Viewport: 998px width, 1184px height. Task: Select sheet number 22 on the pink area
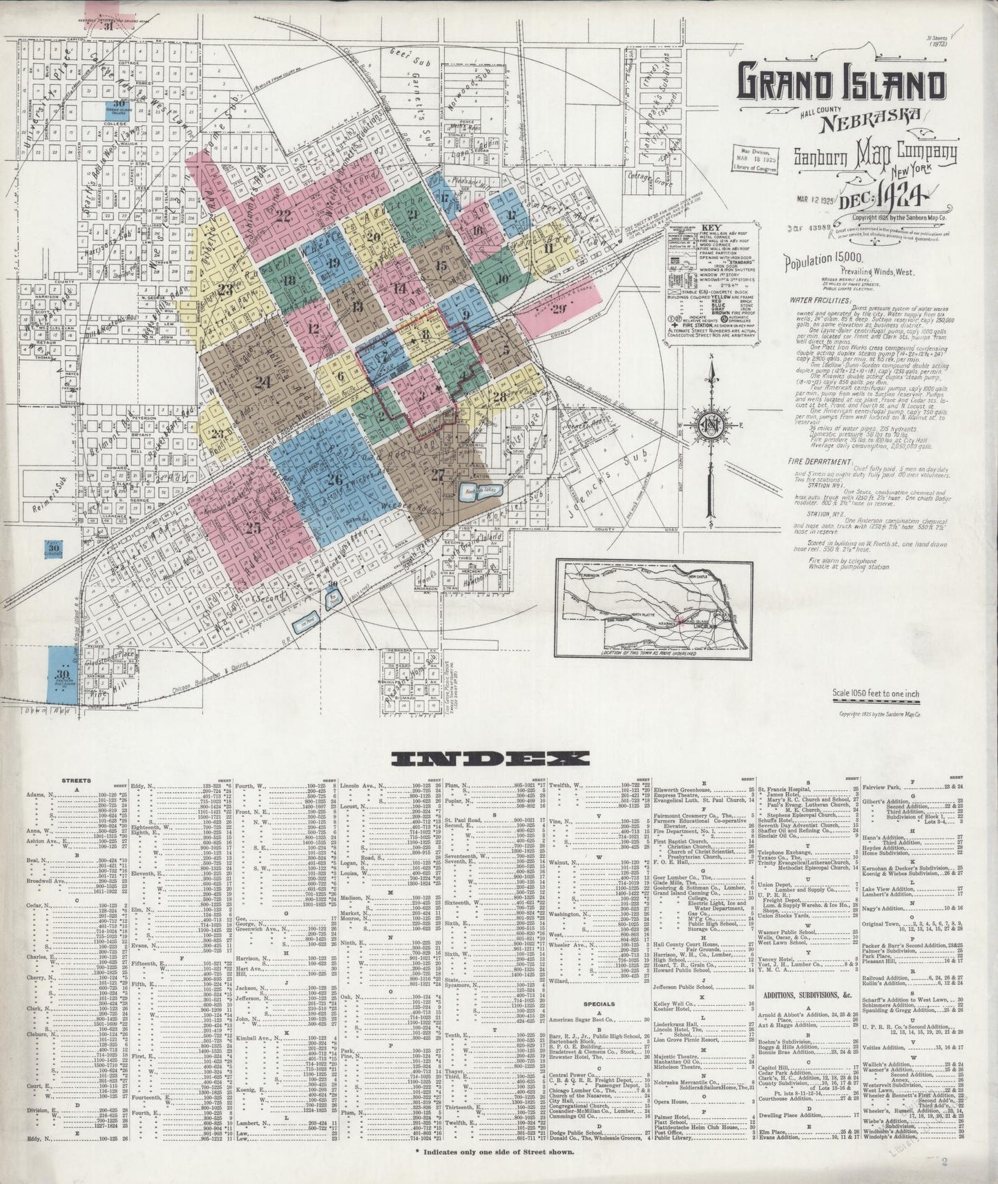coord(282,215)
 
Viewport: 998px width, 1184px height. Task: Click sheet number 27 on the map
coord(438,475)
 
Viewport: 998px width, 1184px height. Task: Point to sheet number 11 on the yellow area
coord(549,249)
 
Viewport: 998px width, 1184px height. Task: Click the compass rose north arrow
coord(710,387)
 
